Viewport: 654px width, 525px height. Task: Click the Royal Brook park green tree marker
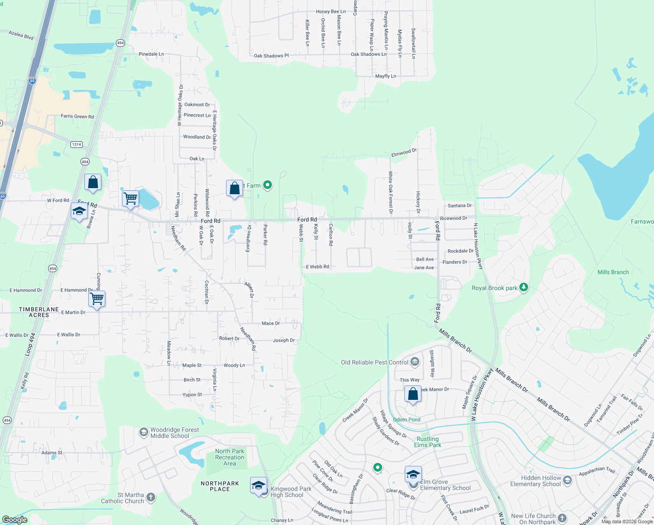(x=524, y=287)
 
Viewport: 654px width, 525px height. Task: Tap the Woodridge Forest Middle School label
(x=174, y=433)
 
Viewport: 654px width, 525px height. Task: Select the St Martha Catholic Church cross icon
(x=151, y=497)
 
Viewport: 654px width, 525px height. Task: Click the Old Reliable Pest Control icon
(x=415, y=362)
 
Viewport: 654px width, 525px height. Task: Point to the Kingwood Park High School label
(x=291, y=492)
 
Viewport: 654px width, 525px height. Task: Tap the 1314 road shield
(x=77, y=144)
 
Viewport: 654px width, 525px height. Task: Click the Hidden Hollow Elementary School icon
(x=567, y=480)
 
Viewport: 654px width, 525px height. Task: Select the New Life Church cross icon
(x=563, y=518)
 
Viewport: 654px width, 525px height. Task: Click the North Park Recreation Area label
(x=230, y=457)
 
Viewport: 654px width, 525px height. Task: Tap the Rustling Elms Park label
(x=428, y=442)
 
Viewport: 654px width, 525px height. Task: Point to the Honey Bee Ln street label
(x=330, y=12)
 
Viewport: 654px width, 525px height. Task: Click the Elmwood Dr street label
(x=404, y=152)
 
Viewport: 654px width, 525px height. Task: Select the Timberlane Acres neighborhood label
(x=39, y=312)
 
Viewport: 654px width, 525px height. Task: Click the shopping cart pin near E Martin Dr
(x=97, y=299)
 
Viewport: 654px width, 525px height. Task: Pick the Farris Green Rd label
(x=77, y=116)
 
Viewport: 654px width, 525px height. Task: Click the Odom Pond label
(x=407, y=420)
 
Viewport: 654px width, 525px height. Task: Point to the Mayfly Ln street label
(x=386, y=76)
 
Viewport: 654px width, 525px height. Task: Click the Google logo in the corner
(x=15, y=519)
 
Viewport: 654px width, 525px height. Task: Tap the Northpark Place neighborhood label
(x=220, y=486)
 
